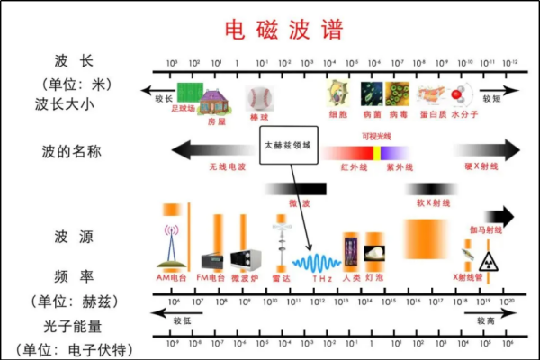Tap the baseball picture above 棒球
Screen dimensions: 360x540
pyautogui.click(x=258, y=97)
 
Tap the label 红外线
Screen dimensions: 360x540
pyautogui.click(x=351, y=167)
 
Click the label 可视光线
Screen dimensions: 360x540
pyautogui.click(x=379, y=136)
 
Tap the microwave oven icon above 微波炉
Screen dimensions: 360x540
pyautogui.click(x=243, y=260)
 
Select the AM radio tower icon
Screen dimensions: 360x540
pyautogui.click(x=170, y=248)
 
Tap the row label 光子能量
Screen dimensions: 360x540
pyautogui.click(x=69, y=324)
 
